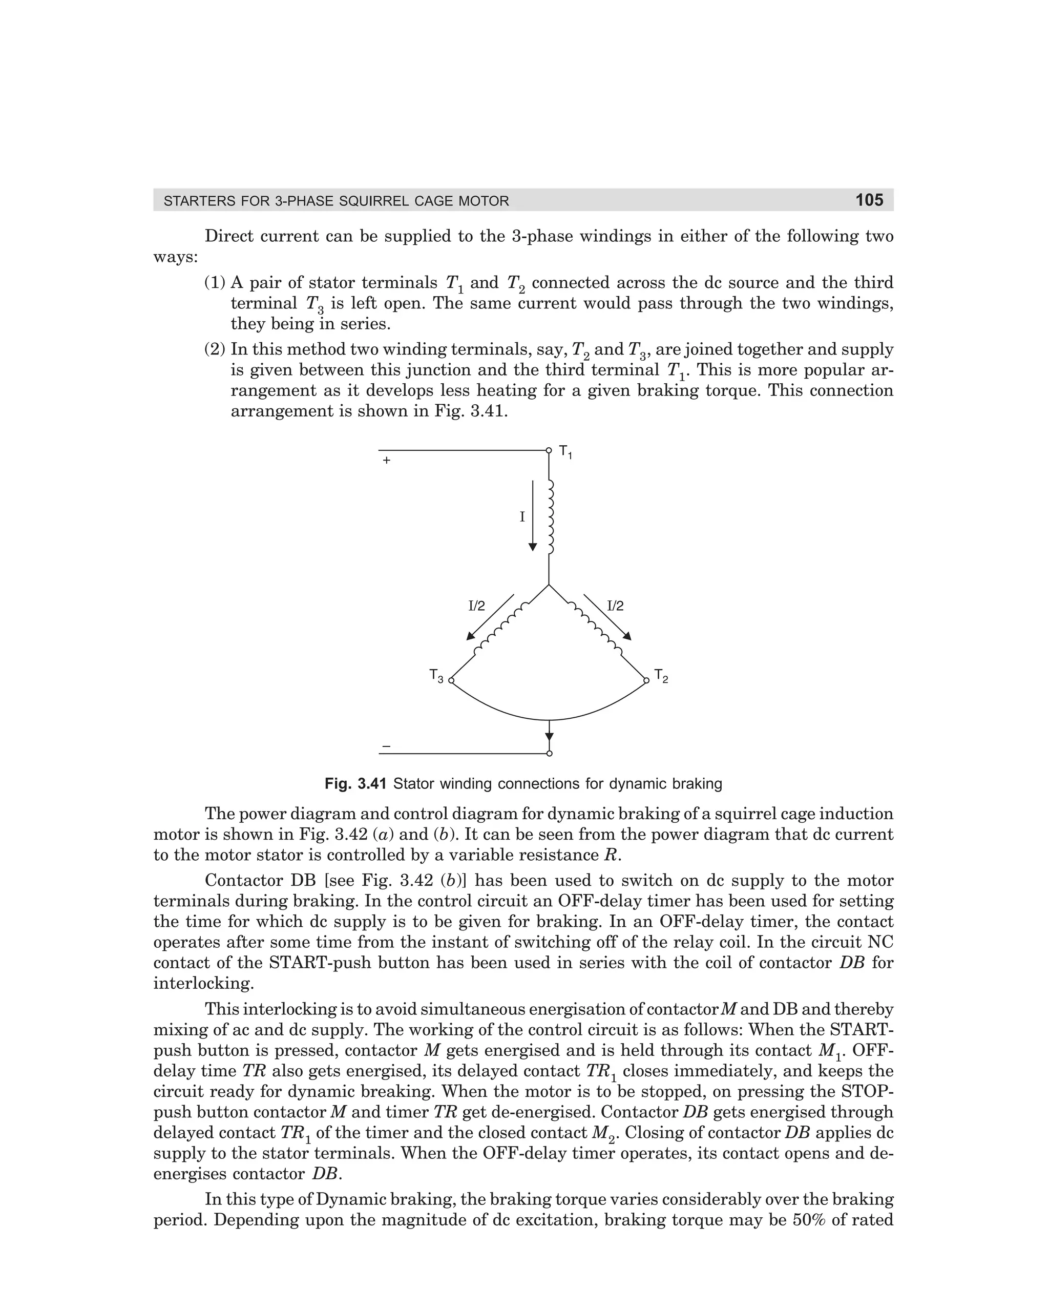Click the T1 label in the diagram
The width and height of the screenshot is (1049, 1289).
tap(565, 451)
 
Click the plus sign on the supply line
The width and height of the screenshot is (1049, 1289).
tap(387, 461)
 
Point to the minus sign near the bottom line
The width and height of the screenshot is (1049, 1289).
tap(387, 746)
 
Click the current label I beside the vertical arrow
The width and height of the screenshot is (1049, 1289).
tap(522, 517)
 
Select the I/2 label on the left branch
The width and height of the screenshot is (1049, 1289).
tap(477, 606)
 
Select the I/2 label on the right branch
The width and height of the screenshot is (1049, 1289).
tap(615, 606)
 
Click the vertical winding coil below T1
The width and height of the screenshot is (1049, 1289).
tap(550, 517)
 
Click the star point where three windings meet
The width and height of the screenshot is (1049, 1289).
tap(549, 585)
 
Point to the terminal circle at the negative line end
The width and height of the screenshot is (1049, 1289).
tap(549, 754)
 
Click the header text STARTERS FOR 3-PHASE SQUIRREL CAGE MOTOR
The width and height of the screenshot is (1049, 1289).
tap(337, 201)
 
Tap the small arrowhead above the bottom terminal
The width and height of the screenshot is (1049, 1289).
tap(549, 736)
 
